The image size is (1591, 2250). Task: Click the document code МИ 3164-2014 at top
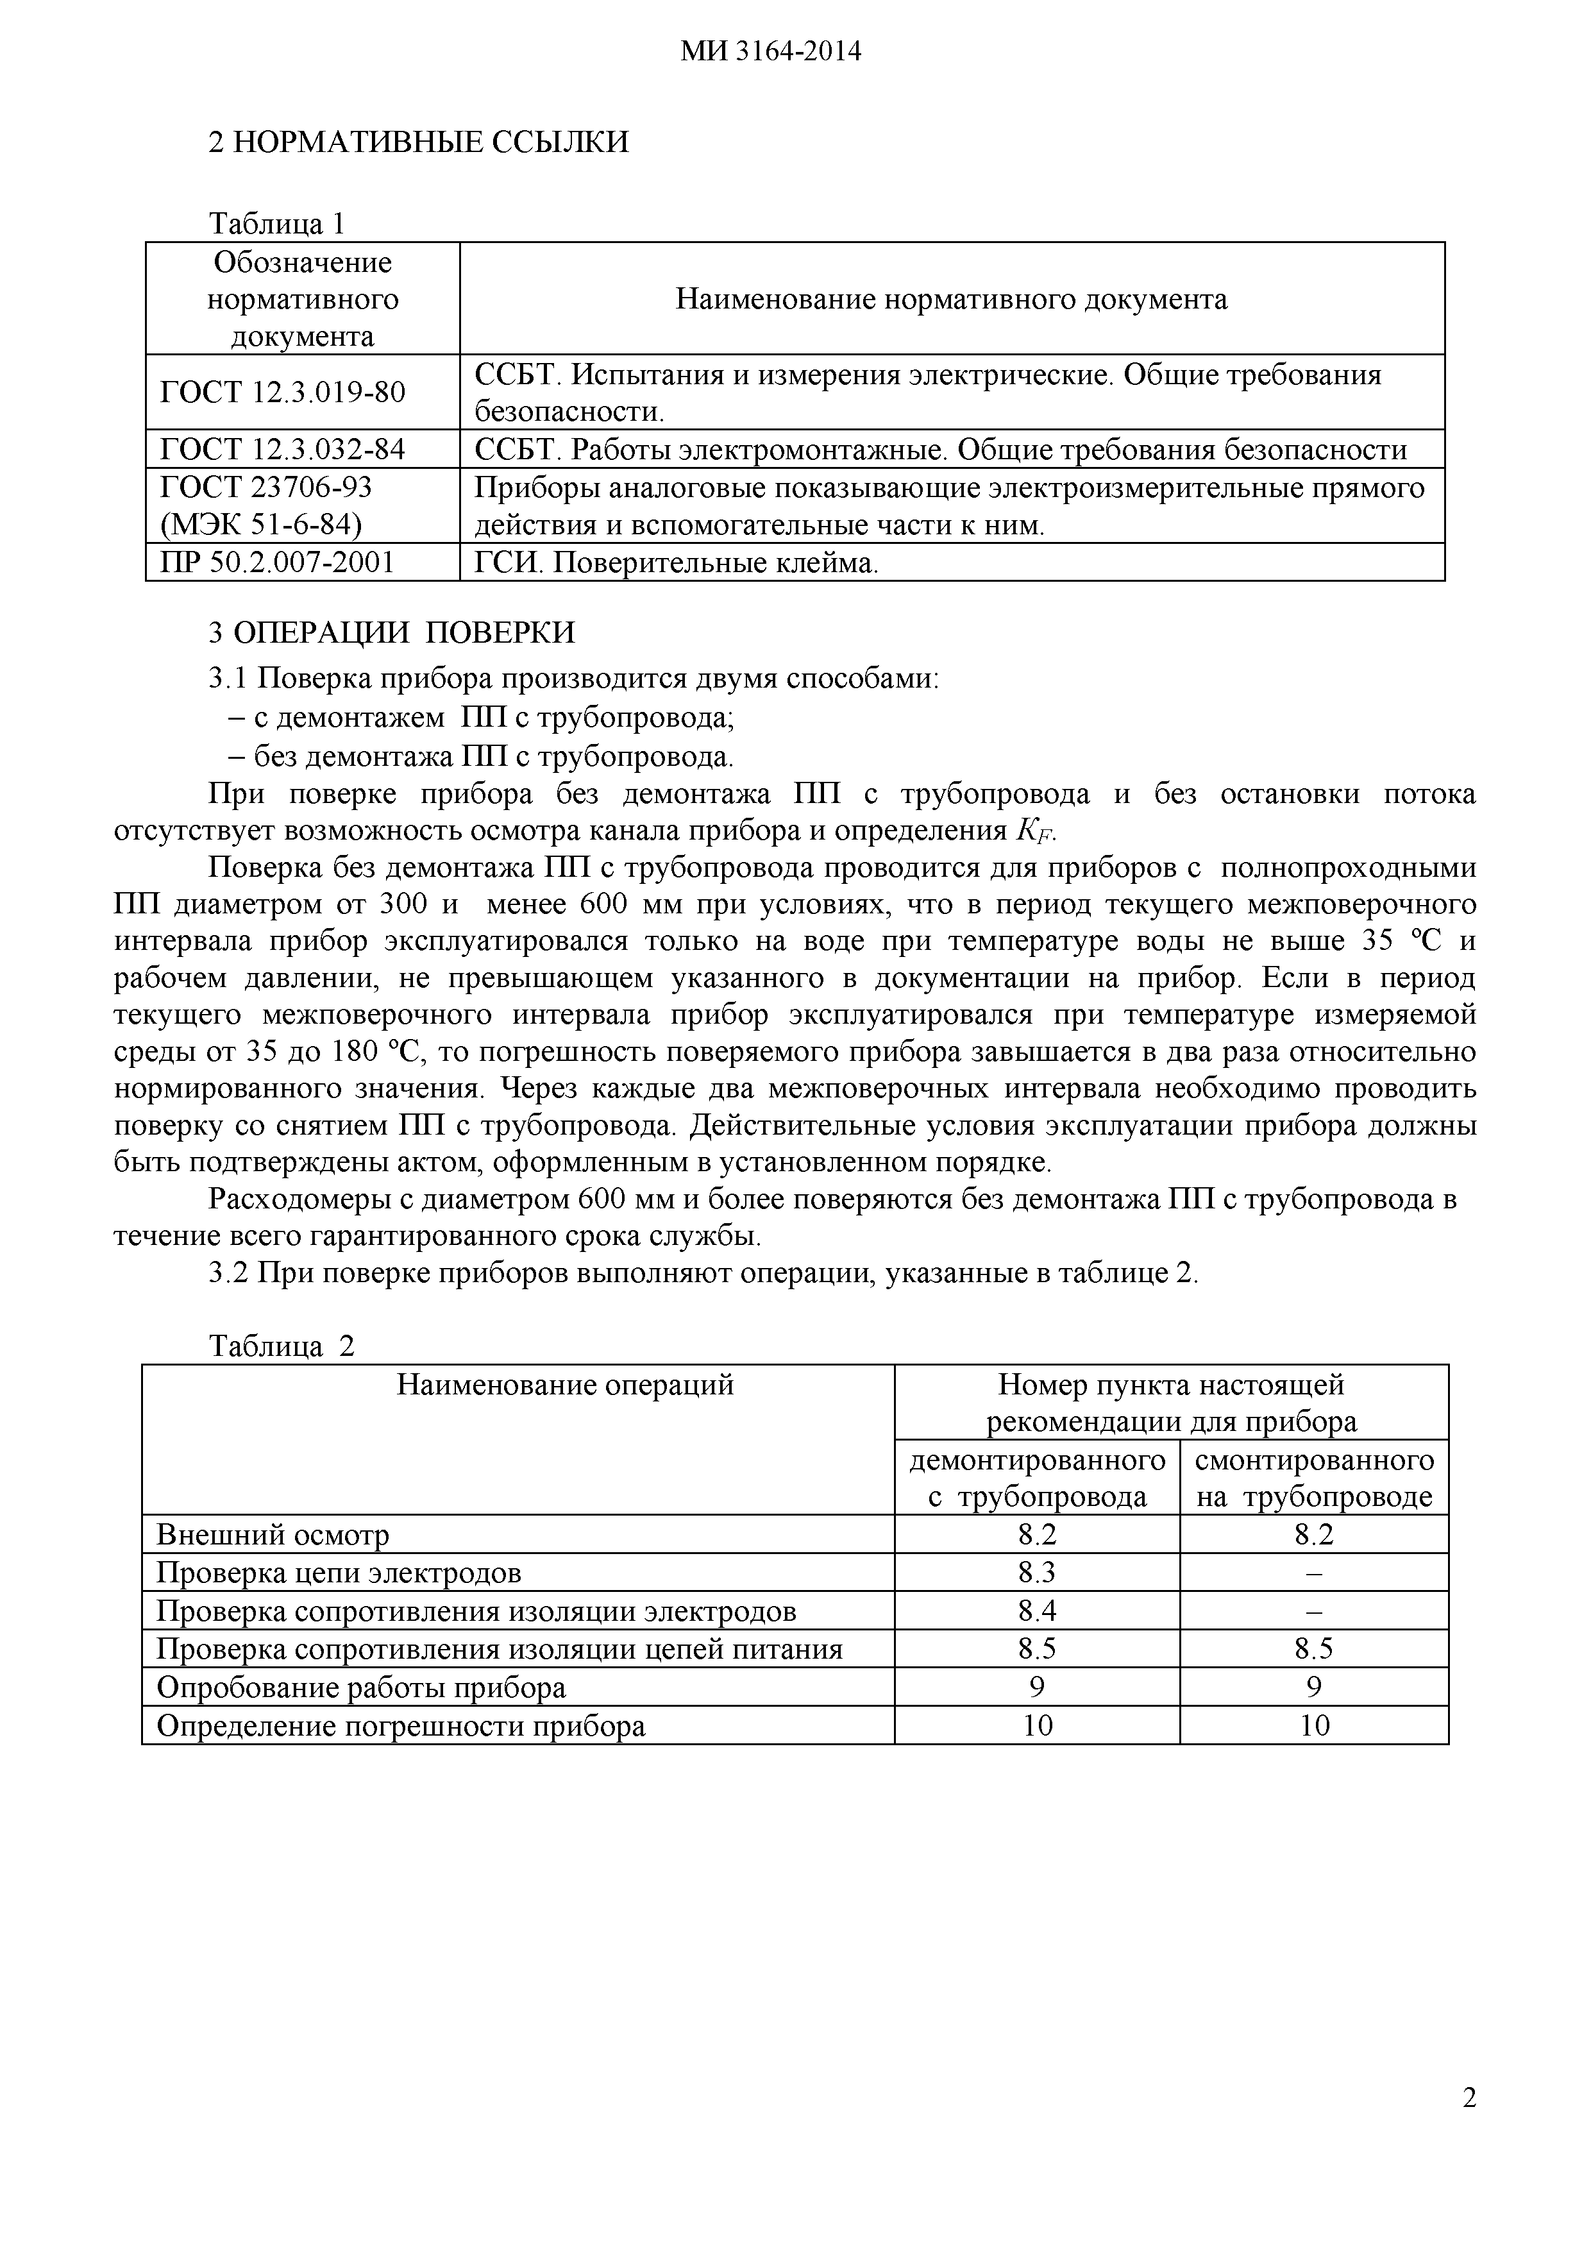771,52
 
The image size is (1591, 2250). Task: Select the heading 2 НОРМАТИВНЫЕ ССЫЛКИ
418,143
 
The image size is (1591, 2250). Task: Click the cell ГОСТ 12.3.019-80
282,392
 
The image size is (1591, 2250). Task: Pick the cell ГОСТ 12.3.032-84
282,450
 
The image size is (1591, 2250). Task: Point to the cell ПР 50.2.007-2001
277,562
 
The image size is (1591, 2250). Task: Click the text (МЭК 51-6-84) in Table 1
260,525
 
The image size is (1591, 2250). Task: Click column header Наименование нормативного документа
951,299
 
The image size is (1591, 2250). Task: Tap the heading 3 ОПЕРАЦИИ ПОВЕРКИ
392,632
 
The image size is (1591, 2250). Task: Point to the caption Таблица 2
281,1346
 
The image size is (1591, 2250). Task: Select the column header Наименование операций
565,1385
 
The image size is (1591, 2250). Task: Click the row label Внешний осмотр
273,1535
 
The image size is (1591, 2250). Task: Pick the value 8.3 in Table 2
1036,1573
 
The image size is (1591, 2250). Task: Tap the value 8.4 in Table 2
1036,1611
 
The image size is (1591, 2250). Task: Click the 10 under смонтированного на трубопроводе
1314,1726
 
